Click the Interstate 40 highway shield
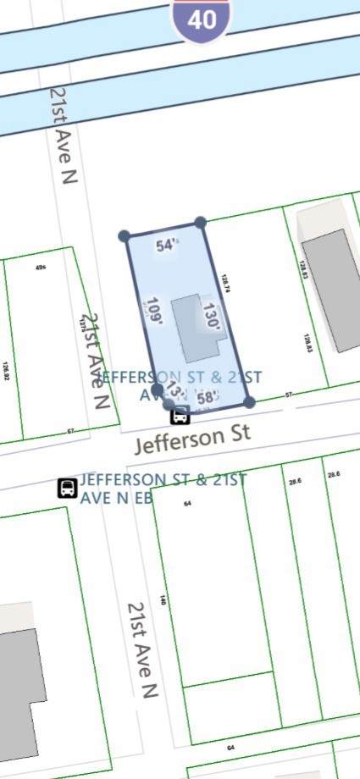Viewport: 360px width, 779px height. (202, 19)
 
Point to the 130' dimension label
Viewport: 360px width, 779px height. (212, 317)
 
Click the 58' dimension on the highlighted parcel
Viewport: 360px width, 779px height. (208, 397)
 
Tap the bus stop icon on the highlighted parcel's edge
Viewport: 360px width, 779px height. (180, 415)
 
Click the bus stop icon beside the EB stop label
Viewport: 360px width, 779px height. (67, 488)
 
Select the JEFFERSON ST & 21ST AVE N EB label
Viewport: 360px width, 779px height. (163, 489)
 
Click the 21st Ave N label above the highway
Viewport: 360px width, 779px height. (64, 135)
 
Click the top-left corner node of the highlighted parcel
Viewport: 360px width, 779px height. (125, 236)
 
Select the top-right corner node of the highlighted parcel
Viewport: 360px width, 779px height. (200, 223)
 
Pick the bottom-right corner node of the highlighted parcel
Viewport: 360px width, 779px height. (249, 401)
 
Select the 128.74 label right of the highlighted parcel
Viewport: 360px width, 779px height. (225, 284)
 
